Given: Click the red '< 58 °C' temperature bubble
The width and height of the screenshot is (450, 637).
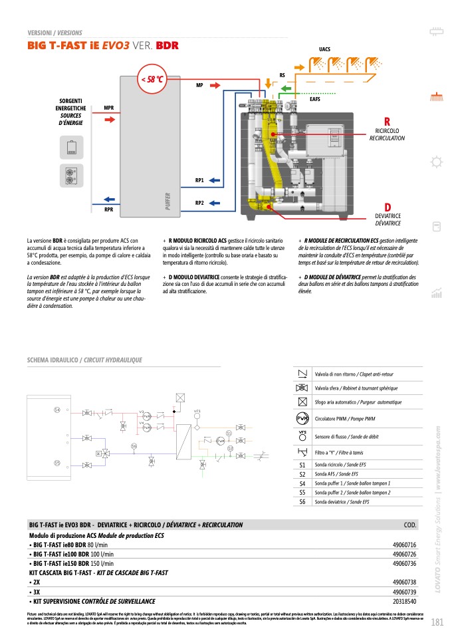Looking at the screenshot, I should pos(150,79).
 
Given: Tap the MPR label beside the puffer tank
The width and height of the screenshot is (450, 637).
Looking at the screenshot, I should pos(108,107).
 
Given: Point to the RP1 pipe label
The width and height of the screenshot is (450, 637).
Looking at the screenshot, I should pos(199,180).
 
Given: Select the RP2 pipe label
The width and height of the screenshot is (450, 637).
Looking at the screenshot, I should pos(199,203).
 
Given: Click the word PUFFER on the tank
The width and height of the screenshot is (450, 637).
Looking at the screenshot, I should pos(168,201).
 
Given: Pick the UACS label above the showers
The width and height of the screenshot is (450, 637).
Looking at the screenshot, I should pos(325,50).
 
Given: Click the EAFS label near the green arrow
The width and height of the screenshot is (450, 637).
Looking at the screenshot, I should pos(316,99).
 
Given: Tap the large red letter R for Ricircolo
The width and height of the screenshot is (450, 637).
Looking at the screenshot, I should pos(387,120).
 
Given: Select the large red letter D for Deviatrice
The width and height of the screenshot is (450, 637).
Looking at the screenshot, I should pos(387,207).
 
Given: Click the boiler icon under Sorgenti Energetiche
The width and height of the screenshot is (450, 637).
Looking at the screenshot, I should pos(72,147).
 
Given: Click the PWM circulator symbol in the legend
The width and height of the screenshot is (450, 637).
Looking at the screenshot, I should pos(302,418).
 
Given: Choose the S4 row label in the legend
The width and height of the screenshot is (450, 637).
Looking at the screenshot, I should pos(302,483).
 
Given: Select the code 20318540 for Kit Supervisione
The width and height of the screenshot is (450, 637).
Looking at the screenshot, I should pos(404,600).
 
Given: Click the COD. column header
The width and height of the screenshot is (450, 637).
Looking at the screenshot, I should pos(410,525).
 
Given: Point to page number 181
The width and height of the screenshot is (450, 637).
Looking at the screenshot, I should pos(437,622).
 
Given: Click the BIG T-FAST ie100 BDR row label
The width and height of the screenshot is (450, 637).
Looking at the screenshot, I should pos(60,554).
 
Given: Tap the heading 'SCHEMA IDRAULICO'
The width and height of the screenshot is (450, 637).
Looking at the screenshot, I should pos(53,360).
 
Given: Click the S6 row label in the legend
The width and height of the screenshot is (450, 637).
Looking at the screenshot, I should pos(302,502).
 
